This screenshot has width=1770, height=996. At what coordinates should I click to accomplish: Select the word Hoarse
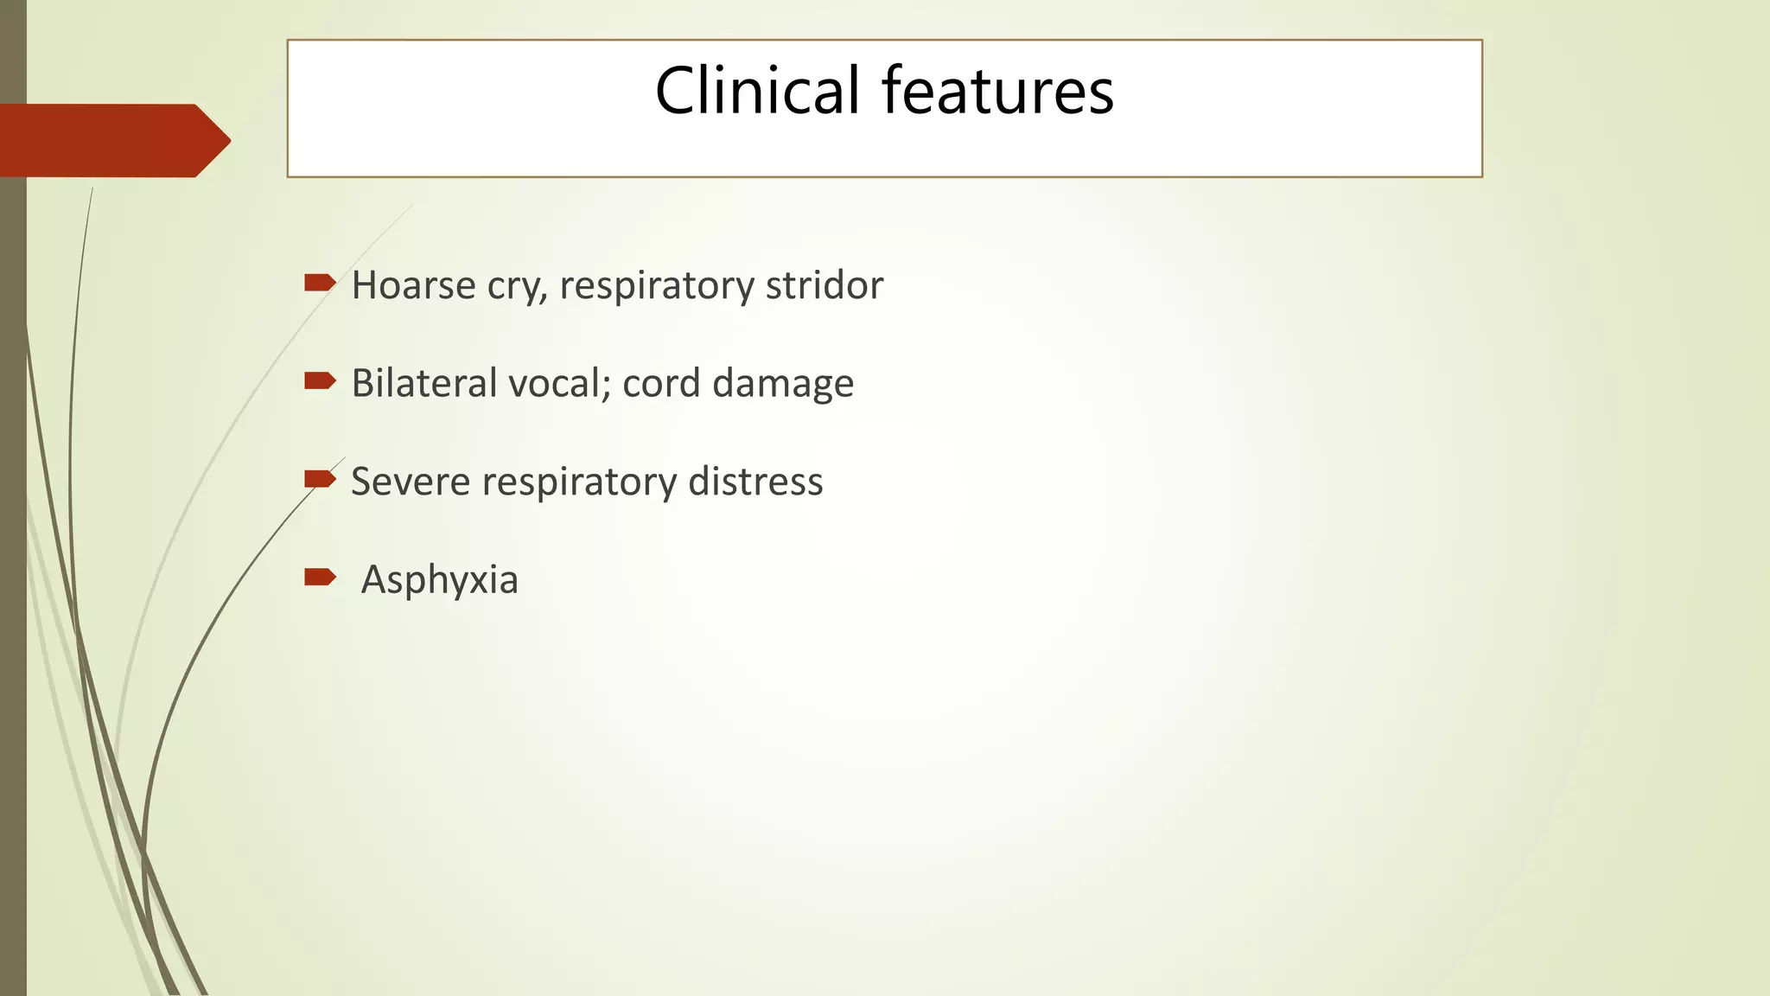click(413, 285)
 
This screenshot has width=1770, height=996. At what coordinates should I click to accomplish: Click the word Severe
click(411, 482)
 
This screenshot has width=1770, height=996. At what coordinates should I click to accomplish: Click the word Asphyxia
click(439, 580)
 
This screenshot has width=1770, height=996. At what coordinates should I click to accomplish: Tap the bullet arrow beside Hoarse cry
click(319, 282)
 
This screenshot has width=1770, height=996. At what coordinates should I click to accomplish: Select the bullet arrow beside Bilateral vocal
click(319, 380)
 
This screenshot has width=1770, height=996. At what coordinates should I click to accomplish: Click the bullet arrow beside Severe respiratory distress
click(319, 479)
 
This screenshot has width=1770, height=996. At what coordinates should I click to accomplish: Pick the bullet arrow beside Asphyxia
click(319, 577)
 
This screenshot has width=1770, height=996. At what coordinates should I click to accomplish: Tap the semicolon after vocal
click(605, 387)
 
